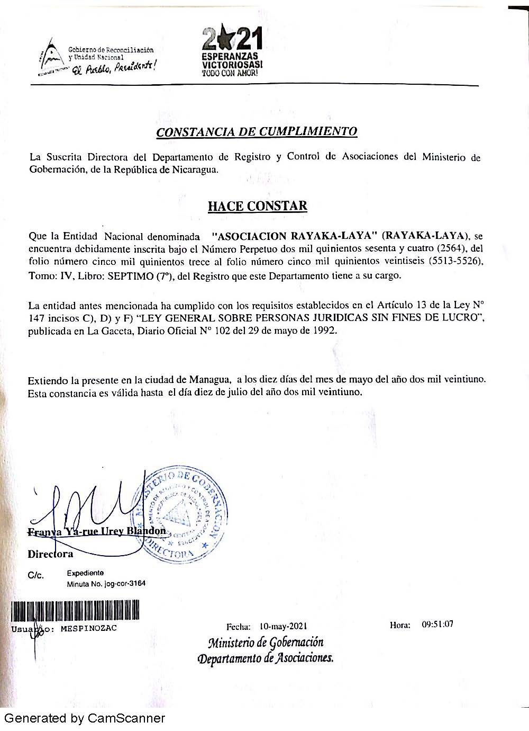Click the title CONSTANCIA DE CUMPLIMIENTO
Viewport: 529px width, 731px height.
pos(257,131)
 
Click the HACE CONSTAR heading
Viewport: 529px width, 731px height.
pos(257,206)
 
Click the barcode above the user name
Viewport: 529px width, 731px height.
pos(75,610)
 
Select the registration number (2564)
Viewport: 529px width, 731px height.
pos(454,248)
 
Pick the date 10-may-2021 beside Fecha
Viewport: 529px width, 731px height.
pos(283,626)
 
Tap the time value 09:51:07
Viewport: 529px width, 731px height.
pos(437,624)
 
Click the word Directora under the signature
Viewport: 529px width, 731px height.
pos(50,554)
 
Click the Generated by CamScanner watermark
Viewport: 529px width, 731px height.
pos(84,718)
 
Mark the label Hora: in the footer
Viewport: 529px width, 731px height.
pos(400,625)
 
